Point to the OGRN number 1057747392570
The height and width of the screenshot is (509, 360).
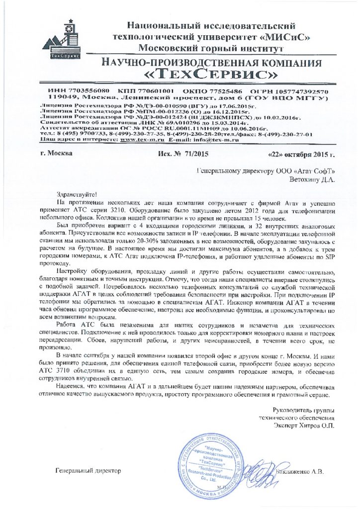tap(289, 92)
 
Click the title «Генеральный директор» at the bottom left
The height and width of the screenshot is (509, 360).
tap(88, 470)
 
